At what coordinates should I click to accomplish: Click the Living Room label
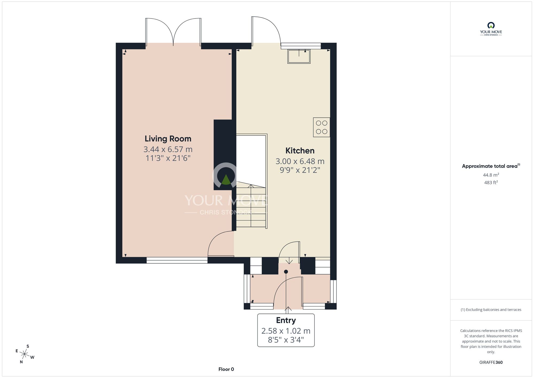168,139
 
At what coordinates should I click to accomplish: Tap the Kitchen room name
300,151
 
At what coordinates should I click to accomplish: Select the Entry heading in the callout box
286,320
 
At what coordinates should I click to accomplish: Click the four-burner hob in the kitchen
321,127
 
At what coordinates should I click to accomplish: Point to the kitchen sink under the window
299,56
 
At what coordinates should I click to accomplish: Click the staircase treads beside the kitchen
251,206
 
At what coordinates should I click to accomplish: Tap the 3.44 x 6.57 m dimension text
168,149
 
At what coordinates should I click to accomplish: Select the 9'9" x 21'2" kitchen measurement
300,170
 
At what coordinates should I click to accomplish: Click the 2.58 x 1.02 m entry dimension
286,331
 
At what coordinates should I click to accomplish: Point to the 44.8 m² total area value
491,175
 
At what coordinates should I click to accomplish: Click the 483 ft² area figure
491,183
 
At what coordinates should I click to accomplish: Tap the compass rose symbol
25,354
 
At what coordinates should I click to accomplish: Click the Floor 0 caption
226,369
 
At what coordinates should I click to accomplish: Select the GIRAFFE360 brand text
491,362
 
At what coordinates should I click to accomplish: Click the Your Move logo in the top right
491,29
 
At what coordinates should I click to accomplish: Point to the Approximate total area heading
491,166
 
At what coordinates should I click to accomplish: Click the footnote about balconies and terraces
491,310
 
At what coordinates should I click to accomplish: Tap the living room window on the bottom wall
177,260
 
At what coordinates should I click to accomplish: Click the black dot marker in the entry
286,272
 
